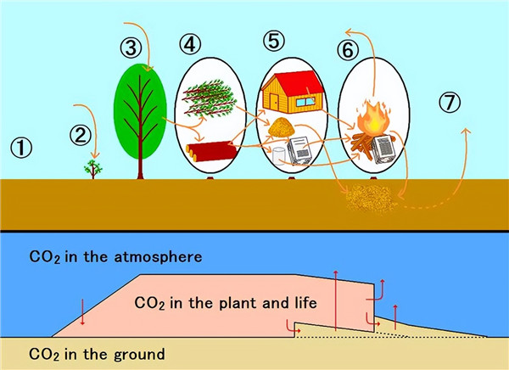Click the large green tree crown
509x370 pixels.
137,110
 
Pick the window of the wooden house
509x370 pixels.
305,104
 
